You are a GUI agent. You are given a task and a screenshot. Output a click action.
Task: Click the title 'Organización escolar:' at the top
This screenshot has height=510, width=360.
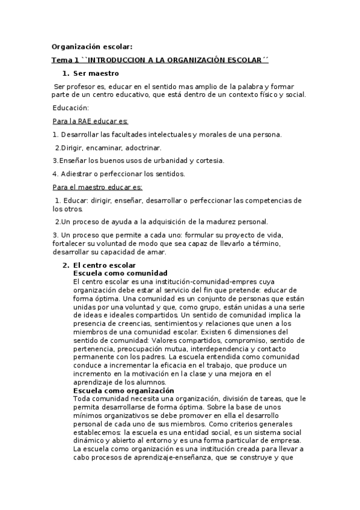tap(92, 46)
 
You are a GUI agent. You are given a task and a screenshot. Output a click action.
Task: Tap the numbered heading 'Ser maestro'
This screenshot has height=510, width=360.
tap(96, 73)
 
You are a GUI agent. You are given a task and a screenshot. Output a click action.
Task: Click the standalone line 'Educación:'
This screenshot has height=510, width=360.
tap(71, 108)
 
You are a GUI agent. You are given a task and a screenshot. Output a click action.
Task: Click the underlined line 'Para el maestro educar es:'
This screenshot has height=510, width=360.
tap(97, 187)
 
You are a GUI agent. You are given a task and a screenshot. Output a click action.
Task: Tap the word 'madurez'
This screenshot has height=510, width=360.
tap(209, 221)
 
